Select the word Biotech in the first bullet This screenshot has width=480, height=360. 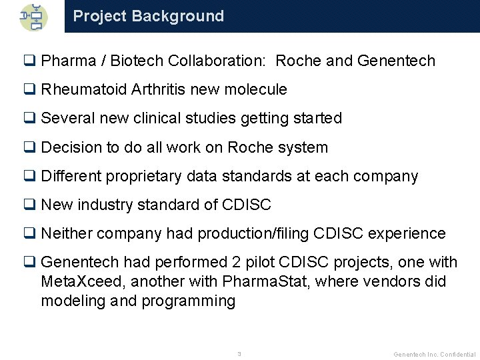[137, 61]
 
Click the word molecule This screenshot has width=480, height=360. [257, 89]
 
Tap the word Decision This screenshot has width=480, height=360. [70, 147]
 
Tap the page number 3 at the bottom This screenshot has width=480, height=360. [239, 353]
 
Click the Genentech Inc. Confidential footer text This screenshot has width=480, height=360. [435, 354]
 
